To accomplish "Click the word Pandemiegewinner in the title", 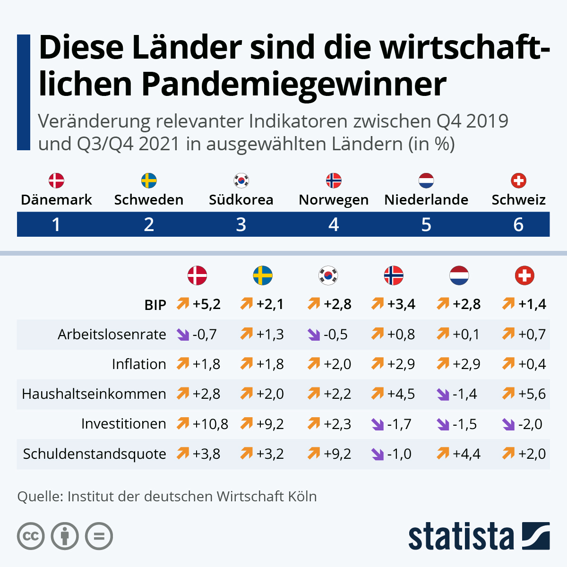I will coord(293,84).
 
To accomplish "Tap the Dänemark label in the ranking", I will coord(56,200).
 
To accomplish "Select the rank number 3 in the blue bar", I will coord(241,224).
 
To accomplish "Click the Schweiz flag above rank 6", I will coord(518,180).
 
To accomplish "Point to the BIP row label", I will coord(155,305).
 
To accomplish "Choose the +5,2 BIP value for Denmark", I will coord(206,304).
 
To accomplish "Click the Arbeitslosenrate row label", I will coord(112,335).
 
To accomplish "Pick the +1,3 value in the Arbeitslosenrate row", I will coord(270,334).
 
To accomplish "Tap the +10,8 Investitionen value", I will coord(210,424).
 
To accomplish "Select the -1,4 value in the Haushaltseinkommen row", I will coord(465,394).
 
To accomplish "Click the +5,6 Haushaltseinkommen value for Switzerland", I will coord(532,394).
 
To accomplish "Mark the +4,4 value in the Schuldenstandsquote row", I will coord(466,454).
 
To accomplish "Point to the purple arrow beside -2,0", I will coord(508,424).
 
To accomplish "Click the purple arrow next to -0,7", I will coord(182,335).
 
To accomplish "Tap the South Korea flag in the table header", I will coord(328,275).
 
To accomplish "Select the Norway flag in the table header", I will coord(394,275).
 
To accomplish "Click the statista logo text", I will coord(461,536).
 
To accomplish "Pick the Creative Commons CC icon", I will coord(31,536).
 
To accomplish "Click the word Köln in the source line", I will coord(300,497).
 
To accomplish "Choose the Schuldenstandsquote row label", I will coord(94,454).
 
